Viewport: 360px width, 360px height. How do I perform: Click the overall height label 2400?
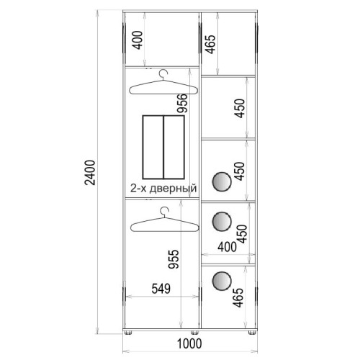tap(91, 173)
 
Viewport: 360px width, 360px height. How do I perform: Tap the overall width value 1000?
tap(189, 343)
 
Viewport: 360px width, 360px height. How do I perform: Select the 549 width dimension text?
tap(161, 289)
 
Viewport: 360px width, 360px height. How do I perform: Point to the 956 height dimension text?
tap(182, 103)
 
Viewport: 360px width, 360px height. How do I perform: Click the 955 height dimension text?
tap(174, 259)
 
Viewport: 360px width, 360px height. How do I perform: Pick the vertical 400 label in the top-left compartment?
tap(138, 40)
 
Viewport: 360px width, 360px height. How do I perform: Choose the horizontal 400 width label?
tap(228, 247)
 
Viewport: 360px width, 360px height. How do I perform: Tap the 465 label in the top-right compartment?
tap(210, 45)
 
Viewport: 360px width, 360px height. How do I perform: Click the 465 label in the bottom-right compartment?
tap(238, 297)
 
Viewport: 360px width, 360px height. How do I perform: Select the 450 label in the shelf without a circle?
tap(240, 108)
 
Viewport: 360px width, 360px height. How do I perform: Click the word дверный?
tap(174, 189)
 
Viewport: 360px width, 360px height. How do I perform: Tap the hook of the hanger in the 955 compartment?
tap(164, 211)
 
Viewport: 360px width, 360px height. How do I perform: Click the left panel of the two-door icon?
tap(153, 147)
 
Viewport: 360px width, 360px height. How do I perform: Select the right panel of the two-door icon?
tap(174, 147)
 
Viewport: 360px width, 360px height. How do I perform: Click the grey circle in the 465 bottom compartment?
tap(222, 281)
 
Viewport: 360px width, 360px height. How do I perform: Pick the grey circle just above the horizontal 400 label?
tap(222, 221)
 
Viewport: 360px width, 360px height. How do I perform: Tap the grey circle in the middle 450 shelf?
tap(222, 181)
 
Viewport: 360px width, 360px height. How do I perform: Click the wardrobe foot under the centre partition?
tap(194, 333)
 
